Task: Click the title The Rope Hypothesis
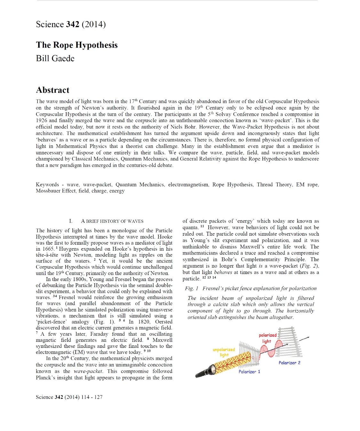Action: coord(77,45)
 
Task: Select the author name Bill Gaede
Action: coord(55,59)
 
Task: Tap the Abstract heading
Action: coord(52,90)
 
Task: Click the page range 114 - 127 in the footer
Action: coord(92,397)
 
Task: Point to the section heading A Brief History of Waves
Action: coord(112,221)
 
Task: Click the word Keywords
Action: coord(47,184)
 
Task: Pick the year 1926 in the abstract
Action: coord(42,121)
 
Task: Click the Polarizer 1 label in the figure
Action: coord(249,372)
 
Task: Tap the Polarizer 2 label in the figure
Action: coord(289,363)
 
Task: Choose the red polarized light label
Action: coord(267,338)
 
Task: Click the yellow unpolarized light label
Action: coord(224,352)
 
